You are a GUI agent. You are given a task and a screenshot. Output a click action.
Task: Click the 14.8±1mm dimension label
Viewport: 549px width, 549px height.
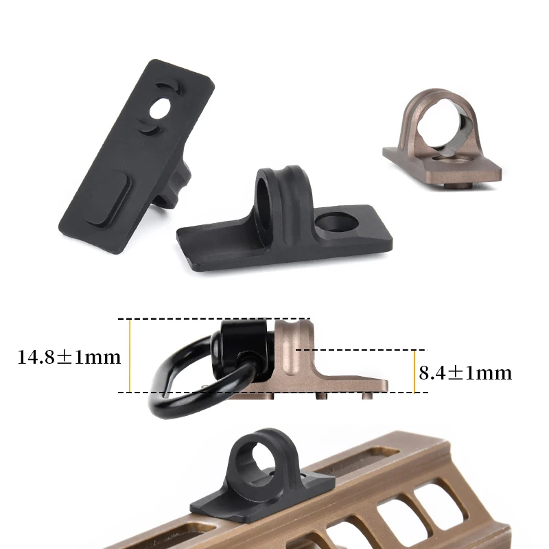(x=69, y=357)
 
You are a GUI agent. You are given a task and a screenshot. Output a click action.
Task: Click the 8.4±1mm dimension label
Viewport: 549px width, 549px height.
(x=465, y=373)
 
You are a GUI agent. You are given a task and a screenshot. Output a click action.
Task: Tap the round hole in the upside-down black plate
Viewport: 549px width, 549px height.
(x=160, y=109)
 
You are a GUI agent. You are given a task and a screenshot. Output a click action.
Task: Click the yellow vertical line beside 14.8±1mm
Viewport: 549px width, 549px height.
(x=130, y=355)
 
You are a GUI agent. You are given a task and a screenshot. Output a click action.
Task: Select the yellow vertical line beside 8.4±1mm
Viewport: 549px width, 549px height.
(x=414, y=371)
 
